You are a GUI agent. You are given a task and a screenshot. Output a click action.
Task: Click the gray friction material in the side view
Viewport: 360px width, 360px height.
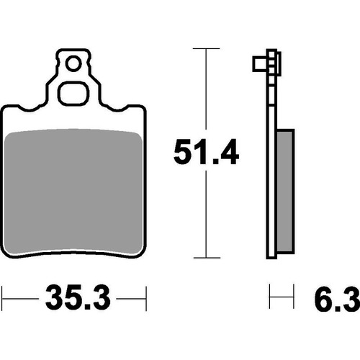(x=284, y=191)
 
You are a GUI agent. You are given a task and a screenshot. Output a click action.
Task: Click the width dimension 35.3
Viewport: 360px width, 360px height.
(x=75, y=296)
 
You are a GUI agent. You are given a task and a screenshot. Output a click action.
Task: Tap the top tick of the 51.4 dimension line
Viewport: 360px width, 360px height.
(x=207, y=49)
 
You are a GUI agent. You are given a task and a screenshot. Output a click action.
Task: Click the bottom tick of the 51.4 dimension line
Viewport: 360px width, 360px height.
(x=207, y=257)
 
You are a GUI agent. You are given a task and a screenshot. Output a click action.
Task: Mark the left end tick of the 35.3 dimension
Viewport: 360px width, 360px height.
(x=3, y=295)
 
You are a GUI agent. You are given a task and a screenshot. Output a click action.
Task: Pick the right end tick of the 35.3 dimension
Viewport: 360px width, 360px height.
(x=147, y=295)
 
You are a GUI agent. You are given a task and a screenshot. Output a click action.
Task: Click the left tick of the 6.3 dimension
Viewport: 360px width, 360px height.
(x=270, y=295)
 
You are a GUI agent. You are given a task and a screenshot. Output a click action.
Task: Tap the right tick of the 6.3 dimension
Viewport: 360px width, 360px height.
(x=293, y=295)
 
